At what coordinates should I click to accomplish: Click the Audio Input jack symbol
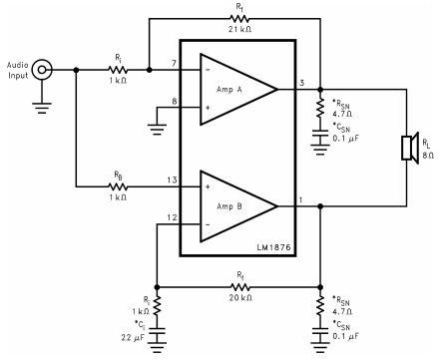42,71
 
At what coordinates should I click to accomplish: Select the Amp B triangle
237,204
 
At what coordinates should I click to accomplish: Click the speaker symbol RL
409,149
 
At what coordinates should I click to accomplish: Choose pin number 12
171,216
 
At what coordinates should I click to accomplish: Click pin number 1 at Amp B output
300,196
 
